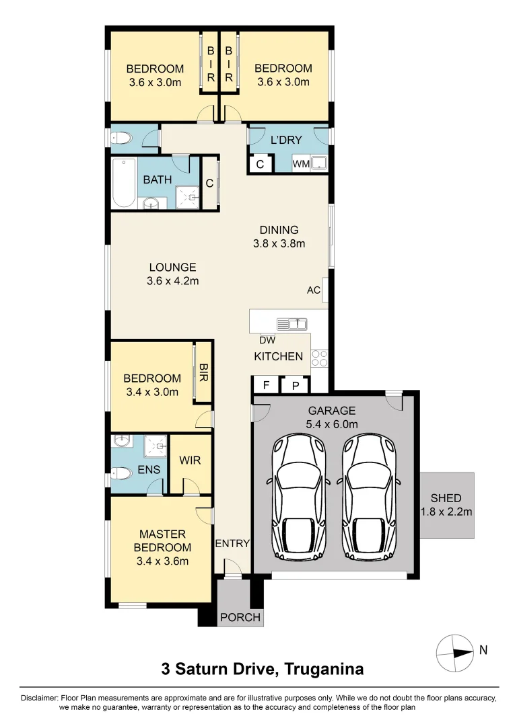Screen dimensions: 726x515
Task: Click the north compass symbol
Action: (x=454, y=651)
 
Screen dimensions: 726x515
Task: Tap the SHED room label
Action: (x=446, y=498)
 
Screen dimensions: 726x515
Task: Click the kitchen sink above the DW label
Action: (x=291, y=324)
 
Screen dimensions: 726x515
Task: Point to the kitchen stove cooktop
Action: (x=319, y=358)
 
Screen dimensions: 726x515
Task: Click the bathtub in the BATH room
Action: (x=123, y=184)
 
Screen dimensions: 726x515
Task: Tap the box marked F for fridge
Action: (x=266, y=385)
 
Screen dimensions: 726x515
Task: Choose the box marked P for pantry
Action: (x=295, y=385)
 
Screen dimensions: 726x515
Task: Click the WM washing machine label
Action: (x=300, y=164)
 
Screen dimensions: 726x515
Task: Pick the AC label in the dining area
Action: (x=313, y=290)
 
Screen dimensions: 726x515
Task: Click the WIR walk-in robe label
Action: (x=190, y=461)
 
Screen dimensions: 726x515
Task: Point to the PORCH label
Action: (x=240, y=617)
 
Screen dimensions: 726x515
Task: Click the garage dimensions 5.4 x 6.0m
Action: (x=333, y=424)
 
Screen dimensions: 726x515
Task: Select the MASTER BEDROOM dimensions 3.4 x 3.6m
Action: (x=162, y=561)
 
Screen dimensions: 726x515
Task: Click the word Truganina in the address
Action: (x=324, y=669)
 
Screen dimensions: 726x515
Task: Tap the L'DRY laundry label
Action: (x=285, y=140)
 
